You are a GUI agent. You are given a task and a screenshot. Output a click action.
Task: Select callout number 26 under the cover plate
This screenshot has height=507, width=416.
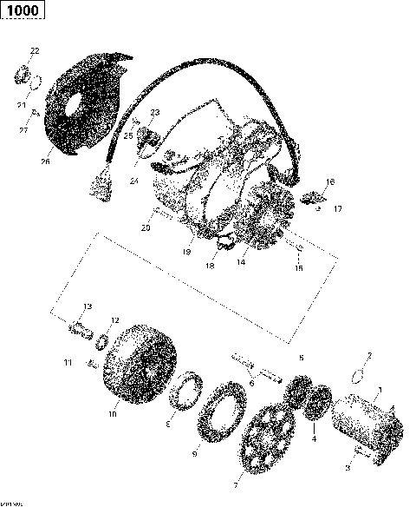[x=45, y=161]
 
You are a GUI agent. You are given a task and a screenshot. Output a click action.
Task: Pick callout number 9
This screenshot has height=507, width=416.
[x=194, y=453]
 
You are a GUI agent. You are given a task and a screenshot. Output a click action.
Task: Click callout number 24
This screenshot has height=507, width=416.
[x=135, y=181]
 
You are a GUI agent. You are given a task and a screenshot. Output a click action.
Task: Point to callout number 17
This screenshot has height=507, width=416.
[x=338, y=209]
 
